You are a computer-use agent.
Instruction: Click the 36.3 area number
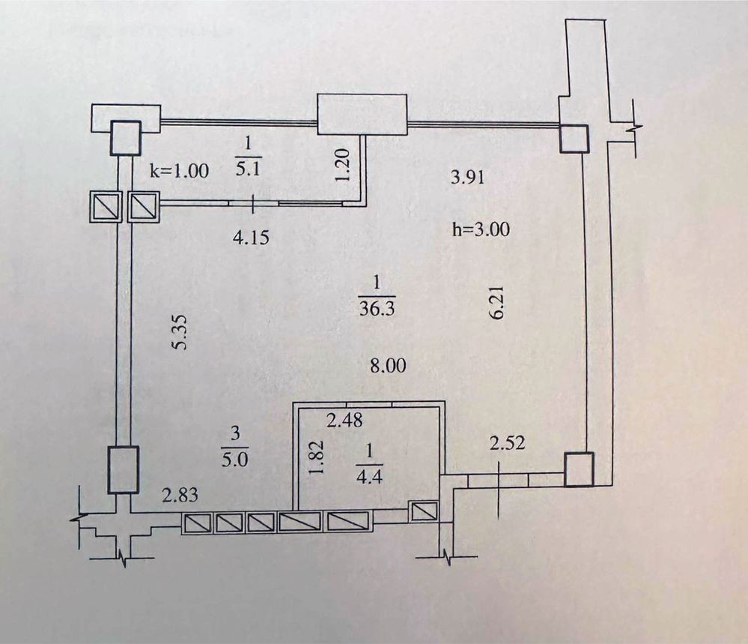coord(377,309)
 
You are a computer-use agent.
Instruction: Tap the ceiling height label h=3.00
coord(481,229)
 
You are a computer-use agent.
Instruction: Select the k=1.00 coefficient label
coord(180,170)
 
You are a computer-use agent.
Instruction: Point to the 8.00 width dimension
coord(389,366)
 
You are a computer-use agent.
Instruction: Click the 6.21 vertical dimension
coord(496,303)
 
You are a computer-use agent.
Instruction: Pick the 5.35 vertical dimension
coord(180,331)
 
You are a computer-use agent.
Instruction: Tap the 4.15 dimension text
coord(251,237)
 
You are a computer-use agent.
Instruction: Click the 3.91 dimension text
coord(467,177)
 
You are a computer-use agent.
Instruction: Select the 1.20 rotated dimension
coord(343,164)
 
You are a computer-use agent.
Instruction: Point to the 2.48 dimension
coord(344,421)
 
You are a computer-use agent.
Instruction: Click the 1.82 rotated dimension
coord(317,457)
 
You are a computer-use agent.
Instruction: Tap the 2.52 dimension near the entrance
coord(508,443)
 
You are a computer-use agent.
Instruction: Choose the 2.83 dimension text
coord(180,495)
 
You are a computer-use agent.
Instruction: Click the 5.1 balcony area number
coord(249,168)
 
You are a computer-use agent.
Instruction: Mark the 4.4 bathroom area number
coord(369,477)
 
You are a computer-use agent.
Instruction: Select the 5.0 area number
coord(235,460)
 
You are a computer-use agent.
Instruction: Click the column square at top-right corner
coord(574,139)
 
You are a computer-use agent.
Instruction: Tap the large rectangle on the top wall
coord(362,115)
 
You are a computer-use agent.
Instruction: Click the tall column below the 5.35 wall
coord(123,469)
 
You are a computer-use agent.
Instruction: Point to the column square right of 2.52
coord(579,469)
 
